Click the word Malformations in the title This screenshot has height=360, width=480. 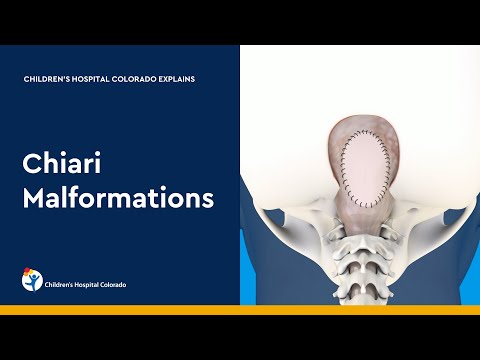(x=119, y=198)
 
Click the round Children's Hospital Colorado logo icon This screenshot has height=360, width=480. (x=33, y=280)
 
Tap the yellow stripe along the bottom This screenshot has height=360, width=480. (x=240, y=311)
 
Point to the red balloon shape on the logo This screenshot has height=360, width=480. (x=35, y=273)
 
